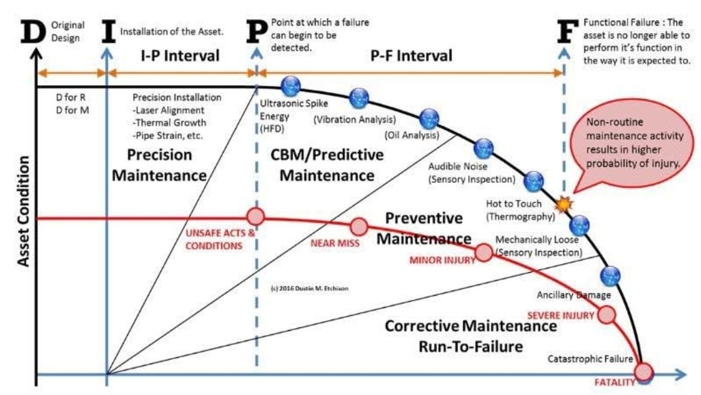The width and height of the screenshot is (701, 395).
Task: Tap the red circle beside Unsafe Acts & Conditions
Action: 255,216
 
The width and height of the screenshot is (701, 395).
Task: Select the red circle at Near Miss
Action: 359,226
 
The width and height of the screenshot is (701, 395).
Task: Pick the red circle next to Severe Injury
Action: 605,314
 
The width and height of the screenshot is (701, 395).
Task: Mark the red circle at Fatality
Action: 644,372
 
